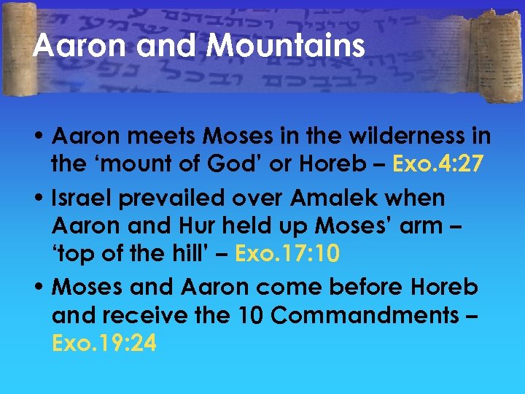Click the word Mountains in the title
pos(286,46)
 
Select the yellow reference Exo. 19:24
pos(104,342)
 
